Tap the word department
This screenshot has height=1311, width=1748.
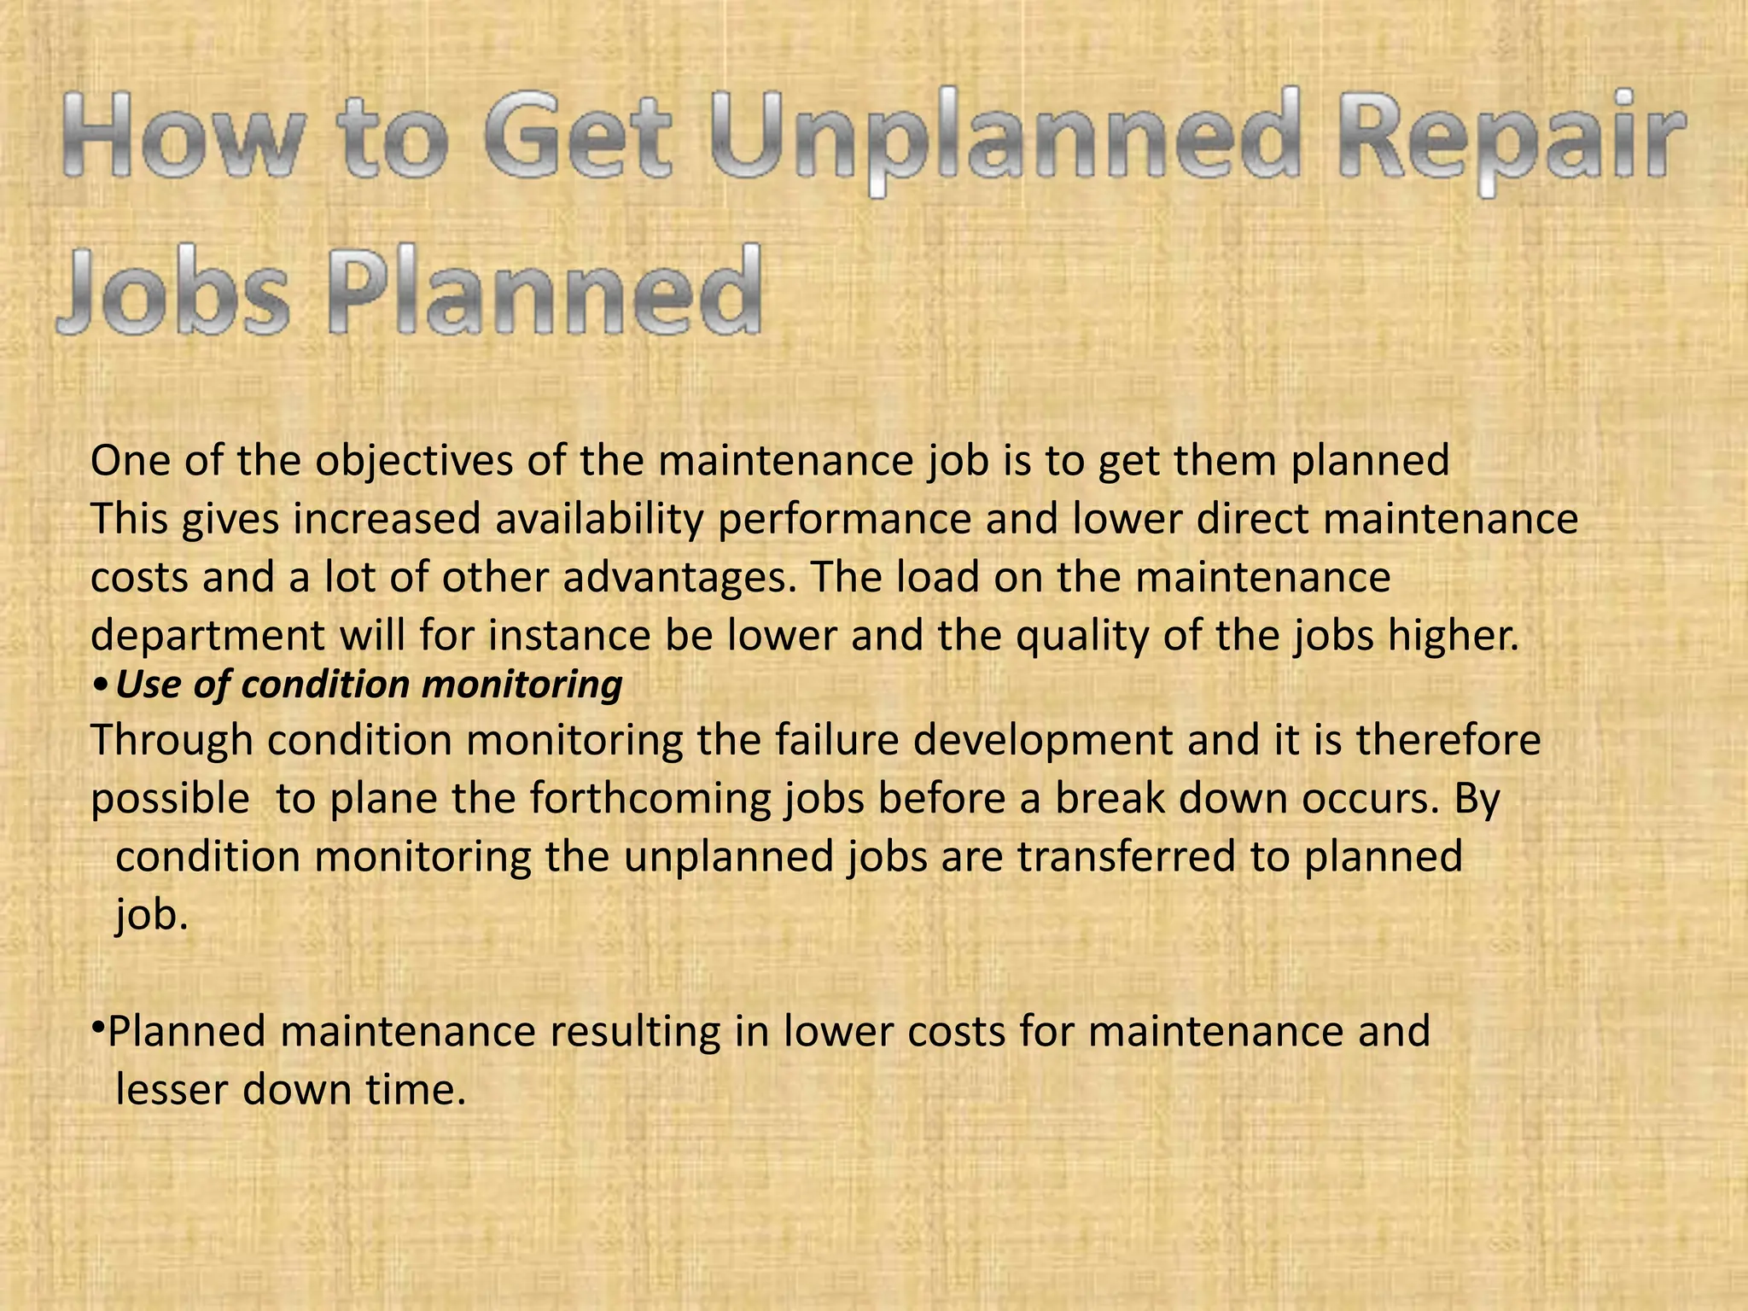(207, 637)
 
